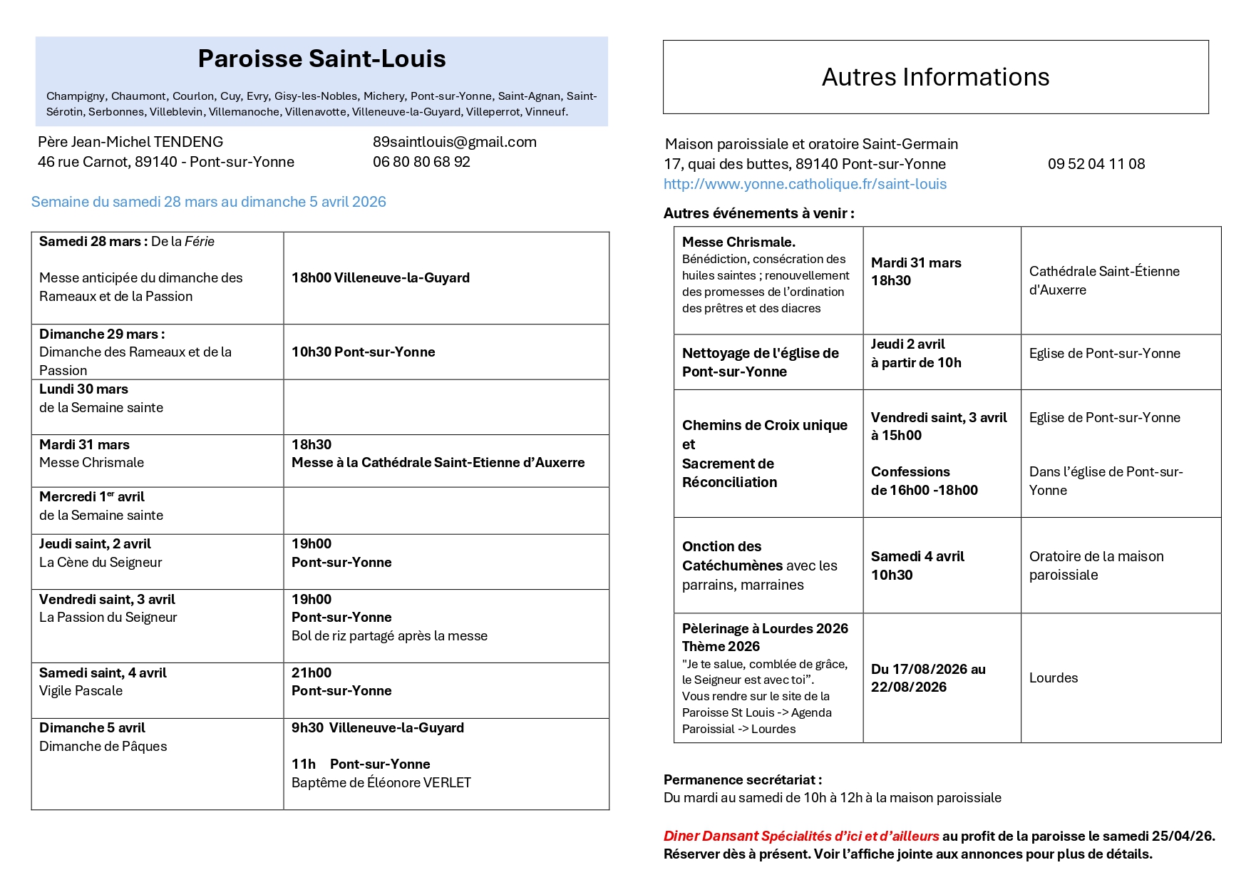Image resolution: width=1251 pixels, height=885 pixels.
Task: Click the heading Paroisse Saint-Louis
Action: tap(321, 59)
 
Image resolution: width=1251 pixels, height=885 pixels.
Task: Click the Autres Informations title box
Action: tap(935, 77)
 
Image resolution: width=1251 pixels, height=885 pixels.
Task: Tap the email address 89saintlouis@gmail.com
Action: tap(454, 142)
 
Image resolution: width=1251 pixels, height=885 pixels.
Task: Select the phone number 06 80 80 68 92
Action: tap(421, 162)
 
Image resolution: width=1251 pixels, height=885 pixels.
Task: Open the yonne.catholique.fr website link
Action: tap(805, 184)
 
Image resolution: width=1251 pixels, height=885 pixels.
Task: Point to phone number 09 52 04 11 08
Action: tap(1096, 164)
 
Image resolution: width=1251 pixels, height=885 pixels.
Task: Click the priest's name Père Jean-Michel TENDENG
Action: tap(130, 142)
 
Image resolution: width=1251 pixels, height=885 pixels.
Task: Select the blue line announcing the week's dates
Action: tap(208, 202)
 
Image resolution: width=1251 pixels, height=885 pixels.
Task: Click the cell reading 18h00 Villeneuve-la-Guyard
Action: tap(380, 278)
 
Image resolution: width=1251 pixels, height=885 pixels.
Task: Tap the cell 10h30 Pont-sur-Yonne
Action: tap(363, 352)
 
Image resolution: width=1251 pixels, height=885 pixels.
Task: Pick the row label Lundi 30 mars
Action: tap(83, 389)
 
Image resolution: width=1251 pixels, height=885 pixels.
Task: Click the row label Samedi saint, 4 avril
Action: tap(103, 673)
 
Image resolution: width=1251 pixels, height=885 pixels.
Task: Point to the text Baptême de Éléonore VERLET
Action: tap(381, 783)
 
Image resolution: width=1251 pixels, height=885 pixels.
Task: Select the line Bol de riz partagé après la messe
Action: tap(389, 636)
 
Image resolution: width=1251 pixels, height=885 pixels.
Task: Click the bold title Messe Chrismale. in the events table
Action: tap(738, 242)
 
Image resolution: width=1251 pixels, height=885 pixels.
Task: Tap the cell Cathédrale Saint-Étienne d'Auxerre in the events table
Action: tap(1103, 280)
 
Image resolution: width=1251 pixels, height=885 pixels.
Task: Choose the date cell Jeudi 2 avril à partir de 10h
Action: tap(915, 354)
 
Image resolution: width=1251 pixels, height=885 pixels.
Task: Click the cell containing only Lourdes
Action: tap(1053, 678)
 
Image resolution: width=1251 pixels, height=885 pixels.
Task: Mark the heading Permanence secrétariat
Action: tap(742, 780)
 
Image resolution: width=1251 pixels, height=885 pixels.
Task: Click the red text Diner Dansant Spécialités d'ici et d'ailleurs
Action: tap(801, 837)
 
